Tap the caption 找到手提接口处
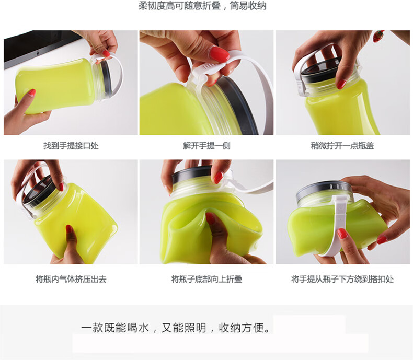[71, 146]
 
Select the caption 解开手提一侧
[206, 146]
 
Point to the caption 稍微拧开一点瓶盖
[342, 146]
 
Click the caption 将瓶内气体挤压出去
[71, 279]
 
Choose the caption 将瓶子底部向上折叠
[206, 279]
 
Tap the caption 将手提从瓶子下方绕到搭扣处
[342, 279]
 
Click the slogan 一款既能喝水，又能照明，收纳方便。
[176, 328]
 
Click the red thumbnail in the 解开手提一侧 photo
[220, 53]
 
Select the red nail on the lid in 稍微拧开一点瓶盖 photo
[341, 84]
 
